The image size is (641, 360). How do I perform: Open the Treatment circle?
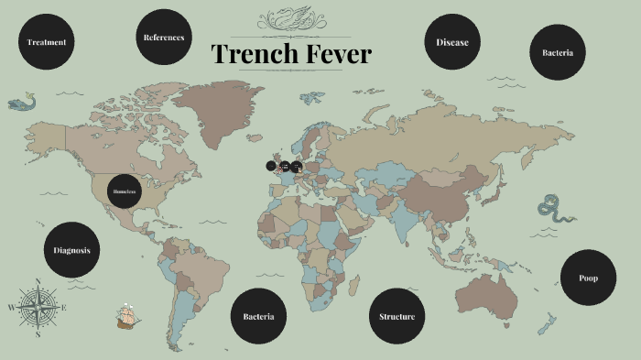pyautogui.click(x=46, y=42)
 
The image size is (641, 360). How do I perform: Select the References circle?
pyautogui.click(x=164, y=38)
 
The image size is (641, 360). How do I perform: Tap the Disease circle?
pyautogui.click(x=452, y=42)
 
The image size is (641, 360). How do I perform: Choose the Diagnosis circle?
pyautogui.click(x=71, y=250)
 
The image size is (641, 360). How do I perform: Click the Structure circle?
pyautogui.click(x=397, y=317)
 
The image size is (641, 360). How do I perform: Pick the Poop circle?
pyautogui.click(x=588, y=278)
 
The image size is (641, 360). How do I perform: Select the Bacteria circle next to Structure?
pyautogui.click(x=258, y=317)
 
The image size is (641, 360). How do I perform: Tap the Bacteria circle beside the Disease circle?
pyautogui.click(x=558, y=52)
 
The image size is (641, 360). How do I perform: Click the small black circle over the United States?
pyautogui.click(x=124, y=191)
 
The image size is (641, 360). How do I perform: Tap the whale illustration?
pyautogui.click(x=21, y=103)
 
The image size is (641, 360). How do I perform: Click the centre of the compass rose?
pyautogui.click(x=38, y=308)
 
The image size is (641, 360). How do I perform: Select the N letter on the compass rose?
pyautogui.click(x=38, y=281)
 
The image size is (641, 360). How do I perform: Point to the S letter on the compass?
pyautogui.click(x=38, y=335)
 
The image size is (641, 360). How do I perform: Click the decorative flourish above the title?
pyautogui.click(x=291, y=19)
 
